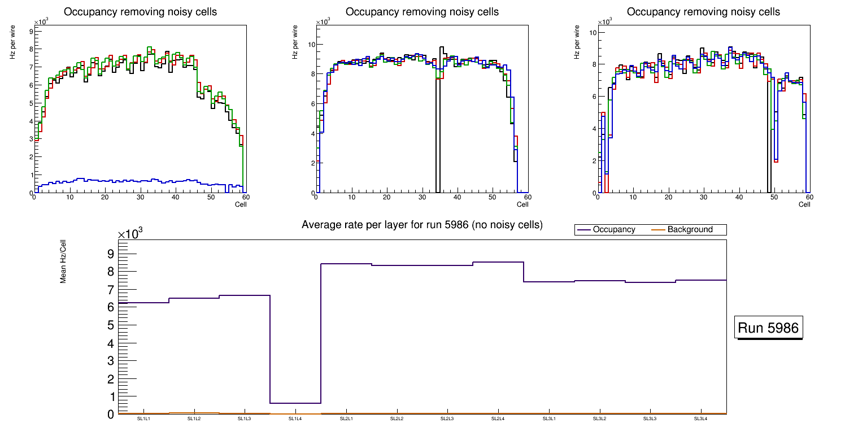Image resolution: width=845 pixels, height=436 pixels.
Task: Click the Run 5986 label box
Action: tap(769, 328)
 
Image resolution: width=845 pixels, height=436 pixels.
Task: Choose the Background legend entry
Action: tap(690, 229)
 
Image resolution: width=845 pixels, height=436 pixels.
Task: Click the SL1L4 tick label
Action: tap(295, 418)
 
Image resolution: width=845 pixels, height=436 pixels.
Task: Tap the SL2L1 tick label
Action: tap(346, 418)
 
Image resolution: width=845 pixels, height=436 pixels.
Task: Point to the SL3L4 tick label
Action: tap(701, 418)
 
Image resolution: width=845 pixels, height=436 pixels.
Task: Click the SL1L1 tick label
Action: tap(143, 418)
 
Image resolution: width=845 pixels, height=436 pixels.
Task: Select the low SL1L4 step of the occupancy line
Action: tap(295, 403)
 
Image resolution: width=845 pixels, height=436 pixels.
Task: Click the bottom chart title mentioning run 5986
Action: tap(422, 225)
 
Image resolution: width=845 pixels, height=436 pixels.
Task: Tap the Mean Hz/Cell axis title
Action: tap(63, 261)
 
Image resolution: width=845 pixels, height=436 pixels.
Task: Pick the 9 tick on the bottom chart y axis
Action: tap(111, 254)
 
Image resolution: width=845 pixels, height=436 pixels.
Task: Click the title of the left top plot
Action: tap(140, 12)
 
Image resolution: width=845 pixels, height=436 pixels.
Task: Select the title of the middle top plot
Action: tap(422, 12)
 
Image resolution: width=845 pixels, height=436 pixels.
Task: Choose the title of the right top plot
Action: tap(703, 12)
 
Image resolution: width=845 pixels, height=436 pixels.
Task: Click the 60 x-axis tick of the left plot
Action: tap(246, 197)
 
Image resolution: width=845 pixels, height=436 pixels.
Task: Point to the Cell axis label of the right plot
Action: tap(804, 204)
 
